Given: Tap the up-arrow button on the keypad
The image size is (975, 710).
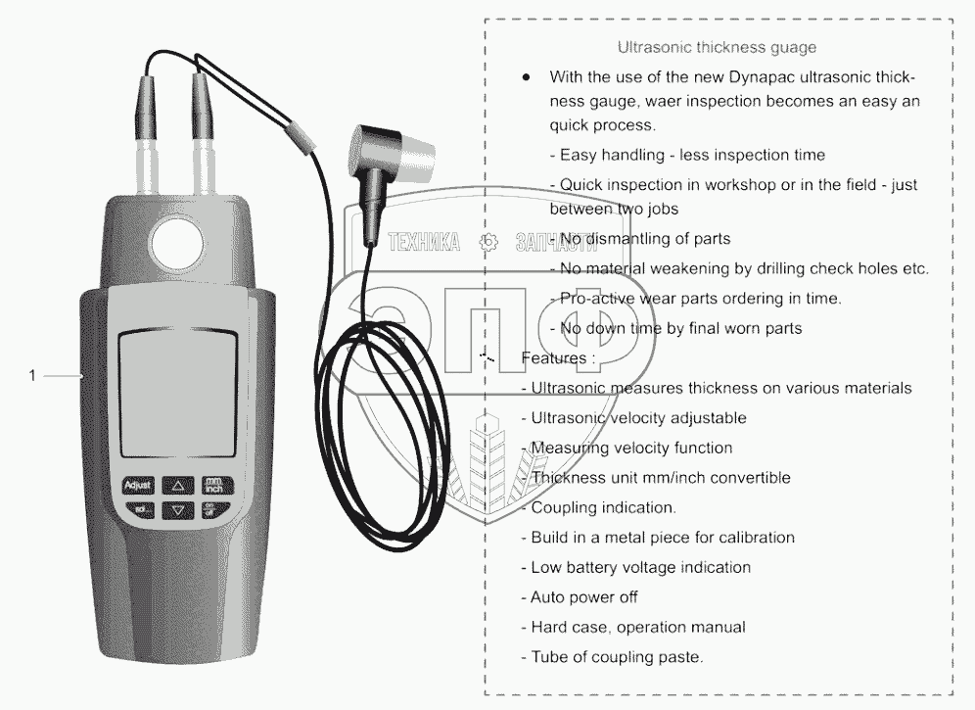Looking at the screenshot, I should [x=177, y=484].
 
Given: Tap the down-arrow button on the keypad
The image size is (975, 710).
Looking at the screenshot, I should [x=177, y=509].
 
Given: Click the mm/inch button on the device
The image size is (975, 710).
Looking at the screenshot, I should [x=213, y=484].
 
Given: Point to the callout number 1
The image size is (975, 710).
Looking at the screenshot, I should [x=32, y=375].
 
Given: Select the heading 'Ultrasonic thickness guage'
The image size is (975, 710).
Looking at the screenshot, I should [x=717, y=47].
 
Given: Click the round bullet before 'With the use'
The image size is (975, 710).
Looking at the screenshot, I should [x=528, y=76].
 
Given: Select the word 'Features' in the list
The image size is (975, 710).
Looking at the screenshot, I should [x=553, y=358].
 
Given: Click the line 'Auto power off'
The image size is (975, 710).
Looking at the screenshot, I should [x=584, y=596].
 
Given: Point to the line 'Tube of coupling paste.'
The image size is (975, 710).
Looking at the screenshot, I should [x=617, y=657].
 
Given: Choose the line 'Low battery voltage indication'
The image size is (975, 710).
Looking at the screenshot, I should [x=640, y=567].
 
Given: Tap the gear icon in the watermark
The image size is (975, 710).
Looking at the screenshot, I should [x=487, y=243].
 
